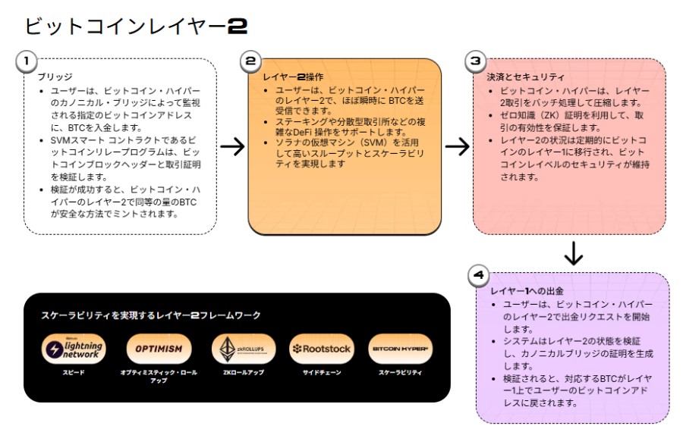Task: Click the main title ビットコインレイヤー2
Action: [x=136, y=27]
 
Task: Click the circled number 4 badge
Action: [x=479, y=276]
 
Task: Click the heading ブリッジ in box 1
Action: [x=55, y=77]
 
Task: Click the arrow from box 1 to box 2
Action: [x=231, y=146]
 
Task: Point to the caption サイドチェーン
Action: [x=321, y=372]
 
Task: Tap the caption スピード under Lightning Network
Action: [x=74, y=372]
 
